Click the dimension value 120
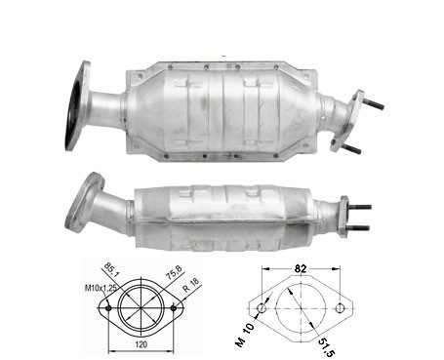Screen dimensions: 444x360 click(x=141, y=343)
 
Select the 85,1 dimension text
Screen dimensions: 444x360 click(x=111, y=270)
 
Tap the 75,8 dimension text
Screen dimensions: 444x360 click(x=174, y=272)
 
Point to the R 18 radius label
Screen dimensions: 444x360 click(x=191, y=285)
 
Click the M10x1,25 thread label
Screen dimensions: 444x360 click(x=101, y=288)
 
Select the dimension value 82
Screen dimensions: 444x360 click(x=301, y=268)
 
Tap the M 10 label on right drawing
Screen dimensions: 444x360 click(x=245, y=335)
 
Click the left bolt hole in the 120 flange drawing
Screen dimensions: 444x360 click(x=108, y=307)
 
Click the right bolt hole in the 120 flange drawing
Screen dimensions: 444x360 click(x=174, y=307)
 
